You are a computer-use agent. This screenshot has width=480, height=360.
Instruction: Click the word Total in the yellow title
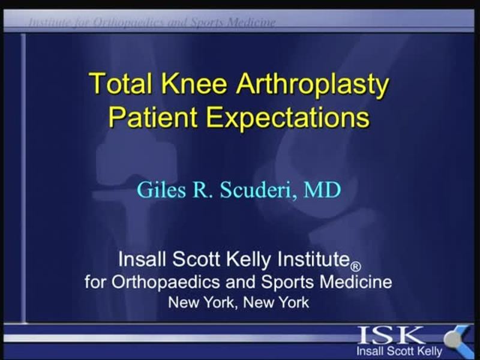point(121,83)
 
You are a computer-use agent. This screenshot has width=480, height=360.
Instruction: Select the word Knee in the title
point(194,83)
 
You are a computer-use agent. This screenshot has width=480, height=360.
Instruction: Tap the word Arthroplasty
point(312,85)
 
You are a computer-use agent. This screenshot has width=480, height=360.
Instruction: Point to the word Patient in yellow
point(153,116)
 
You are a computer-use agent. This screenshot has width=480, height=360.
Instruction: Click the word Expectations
point(287,118)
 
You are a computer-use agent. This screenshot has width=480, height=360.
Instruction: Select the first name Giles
point(161,190)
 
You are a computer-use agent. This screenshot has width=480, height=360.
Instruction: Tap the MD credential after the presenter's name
point(322,190)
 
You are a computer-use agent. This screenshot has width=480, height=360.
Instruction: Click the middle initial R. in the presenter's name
point(202,190)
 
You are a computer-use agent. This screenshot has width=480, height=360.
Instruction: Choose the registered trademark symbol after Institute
point(355,266)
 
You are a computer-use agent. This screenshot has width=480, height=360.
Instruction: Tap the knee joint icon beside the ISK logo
point(457,339)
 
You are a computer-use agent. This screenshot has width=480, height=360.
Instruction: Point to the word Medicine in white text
point(356,281)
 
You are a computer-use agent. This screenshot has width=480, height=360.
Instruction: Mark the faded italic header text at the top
point(152,22)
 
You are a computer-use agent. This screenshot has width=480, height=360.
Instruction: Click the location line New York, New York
point(238,302)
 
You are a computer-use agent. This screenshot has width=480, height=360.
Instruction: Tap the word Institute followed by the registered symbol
point(314,259)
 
